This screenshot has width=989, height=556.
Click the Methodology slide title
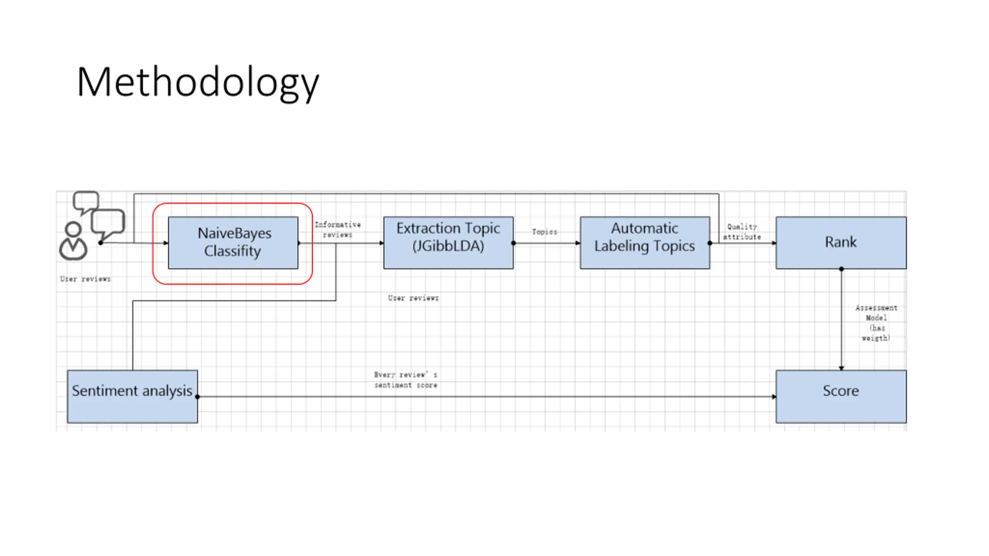pos(198,83)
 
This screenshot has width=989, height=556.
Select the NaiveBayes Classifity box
pos(233,242)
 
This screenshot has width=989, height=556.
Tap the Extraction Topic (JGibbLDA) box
pos(448,242)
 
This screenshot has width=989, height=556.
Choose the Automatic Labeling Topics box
pos(645,242)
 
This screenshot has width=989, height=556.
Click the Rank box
pos(841,242)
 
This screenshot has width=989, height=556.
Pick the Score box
pos(841,397)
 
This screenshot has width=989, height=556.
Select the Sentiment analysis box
pos(132,397)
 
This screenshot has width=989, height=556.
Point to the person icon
pos(73,241)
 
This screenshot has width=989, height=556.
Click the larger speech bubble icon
pos(108,225)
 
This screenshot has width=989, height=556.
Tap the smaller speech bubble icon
pos(86,202)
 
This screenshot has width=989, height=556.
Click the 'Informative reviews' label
pos(338,229)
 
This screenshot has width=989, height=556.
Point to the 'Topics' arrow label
pos(545,232)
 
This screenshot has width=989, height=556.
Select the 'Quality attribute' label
pos(742,232)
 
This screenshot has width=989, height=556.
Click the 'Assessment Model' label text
pos(876,313)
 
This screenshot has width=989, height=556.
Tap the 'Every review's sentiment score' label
pos(406,380)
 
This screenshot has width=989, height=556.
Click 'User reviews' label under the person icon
pos(85,279)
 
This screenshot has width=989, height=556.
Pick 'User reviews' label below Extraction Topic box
pos(413,298)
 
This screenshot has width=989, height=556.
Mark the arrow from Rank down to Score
pos(841,320)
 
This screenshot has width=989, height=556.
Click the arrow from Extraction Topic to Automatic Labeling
pos(547,243)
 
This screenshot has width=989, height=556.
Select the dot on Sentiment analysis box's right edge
pos(197,397)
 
